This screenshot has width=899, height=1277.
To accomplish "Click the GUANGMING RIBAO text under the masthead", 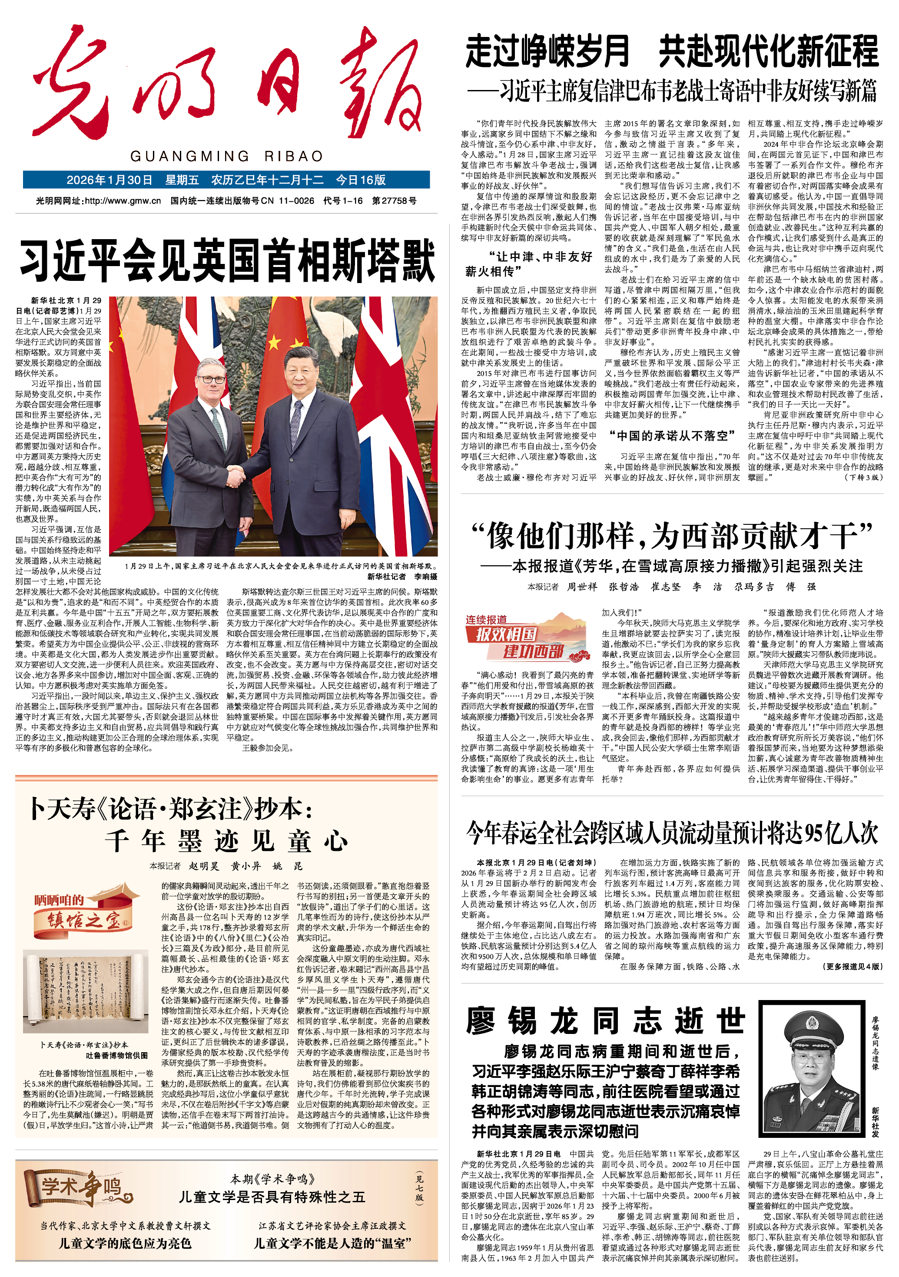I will point(226,156).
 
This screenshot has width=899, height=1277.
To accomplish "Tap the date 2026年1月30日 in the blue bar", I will point(109,180).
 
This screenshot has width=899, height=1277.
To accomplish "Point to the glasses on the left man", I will point(212,380).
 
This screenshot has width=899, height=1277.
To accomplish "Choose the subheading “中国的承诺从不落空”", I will point(668,436).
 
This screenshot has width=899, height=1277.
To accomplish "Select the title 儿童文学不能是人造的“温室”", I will point(332,1243).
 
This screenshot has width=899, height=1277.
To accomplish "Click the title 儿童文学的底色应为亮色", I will point(125,1243).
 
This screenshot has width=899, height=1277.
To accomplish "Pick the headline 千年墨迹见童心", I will point(226,841).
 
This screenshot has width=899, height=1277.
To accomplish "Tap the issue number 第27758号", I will point(394,201).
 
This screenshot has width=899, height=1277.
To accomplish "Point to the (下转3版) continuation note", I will point(863,477).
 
